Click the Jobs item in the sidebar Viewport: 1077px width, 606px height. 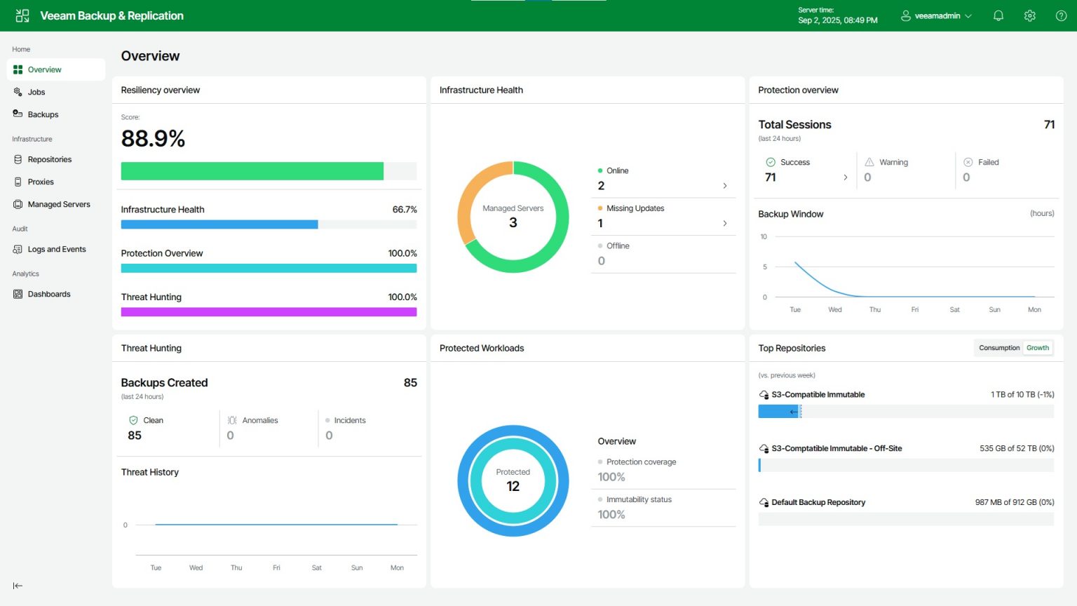point(36,92)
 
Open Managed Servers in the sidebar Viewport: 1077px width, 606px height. point(58,204)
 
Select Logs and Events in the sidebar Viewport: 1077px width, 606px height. point(56,249)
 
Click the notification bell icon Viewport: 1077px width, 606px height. point(998,15)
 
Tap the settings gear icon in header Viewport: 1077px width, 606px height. point(1029,15)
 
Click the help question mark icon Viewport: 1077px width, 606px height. point(1061,15)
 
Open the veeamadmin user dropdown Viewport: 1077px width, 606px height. point(937,15)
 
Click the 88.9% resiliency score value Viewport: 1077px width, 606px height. point(153,139)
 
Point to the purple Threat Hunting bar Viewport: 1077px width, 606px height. point(269,312)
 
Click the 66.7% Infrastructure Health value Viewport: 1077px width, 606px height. point(405,210)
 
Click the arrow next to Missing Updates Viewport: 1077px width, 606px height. point(724,223)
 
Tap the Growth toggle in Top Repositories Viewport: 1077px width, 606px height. point(1038,348)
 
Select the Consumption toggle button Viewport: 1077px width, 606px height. point(999,348)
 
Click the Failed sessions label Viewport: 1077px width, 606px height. point(988,162)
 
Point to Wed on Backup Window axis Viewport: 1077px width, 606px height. point(834,309)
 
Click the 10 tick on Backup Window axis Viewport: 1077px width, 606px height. point(764,237)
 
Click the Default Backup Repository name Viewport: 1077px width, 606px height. point(818,502)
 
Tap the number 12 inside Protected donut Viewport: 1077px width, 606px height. point(513,486)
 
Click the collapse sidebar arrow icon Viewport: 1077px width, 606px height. point(18,586)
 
